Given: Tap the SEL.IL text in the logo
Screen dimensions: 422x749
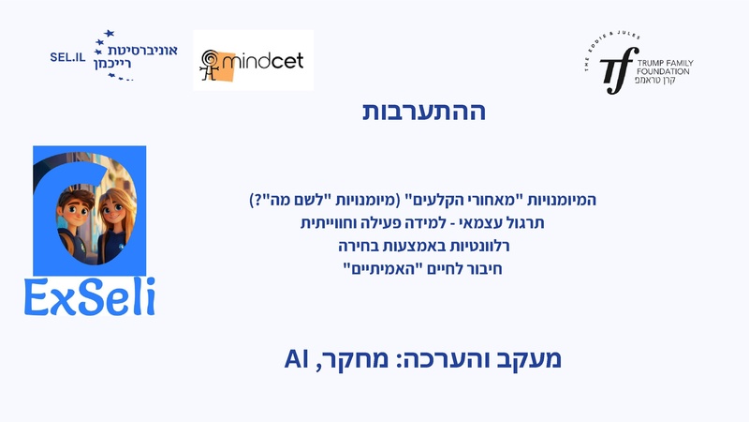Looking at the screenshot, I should (x=67, y=56).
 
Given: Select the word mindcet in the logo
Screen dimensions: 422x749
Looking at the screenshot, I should (x=270, y=63).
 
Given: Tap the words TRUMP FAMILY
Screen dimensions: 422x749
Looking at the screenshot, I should (x=665, y=63).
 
